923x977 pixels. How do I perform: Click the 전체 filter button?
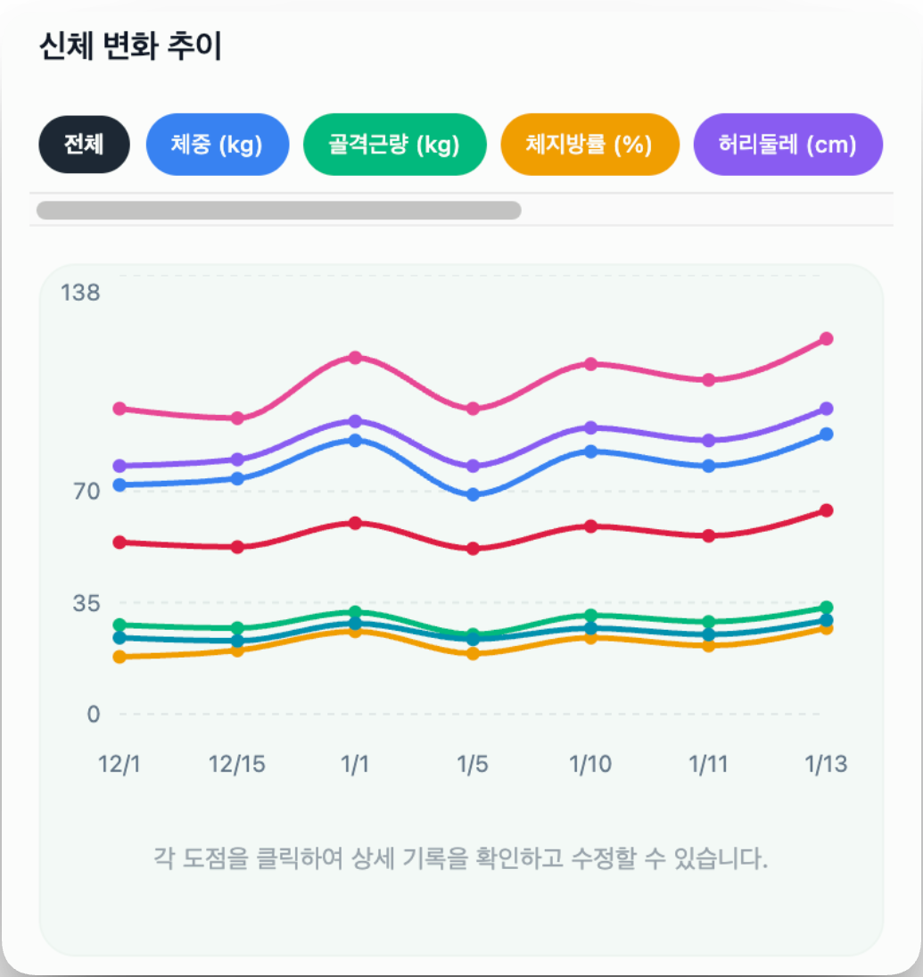84,144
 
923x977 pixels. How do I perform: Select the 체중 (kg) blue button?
217,144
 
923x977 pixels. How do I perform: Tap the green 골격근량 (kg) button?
394,144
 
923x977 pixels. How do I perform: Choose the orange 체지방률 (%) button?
589,144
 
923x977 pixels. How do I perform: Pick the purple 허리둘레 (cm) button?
787,144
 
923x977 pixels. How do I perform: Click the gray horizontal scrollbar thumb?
278,211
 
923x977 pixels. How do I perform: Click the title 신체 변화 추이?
130,46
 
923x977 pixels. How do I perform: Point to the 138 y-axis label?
80,292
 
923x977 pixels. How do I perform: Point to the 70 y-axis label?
86,491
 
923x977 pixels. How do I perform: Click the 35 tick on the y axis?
86,602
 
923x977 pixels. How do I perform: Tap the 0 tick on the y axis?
93,714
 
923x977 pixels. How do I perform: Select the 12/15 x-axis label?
237,765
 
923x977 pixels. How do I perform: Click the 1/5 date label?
473,765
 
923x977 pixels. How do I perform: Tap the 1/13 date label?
826,765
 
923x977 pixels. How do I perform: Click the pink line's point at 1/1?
355,358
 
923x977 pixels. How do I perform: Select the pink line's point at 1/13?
826,338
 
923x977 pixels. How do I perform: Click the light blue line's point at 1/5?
474,494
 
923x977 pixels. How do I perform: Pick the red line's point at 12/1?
119,542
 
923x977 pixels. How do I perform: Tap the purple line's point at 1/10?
590,427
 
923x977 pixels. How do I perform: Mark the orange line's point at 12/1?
119,657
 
